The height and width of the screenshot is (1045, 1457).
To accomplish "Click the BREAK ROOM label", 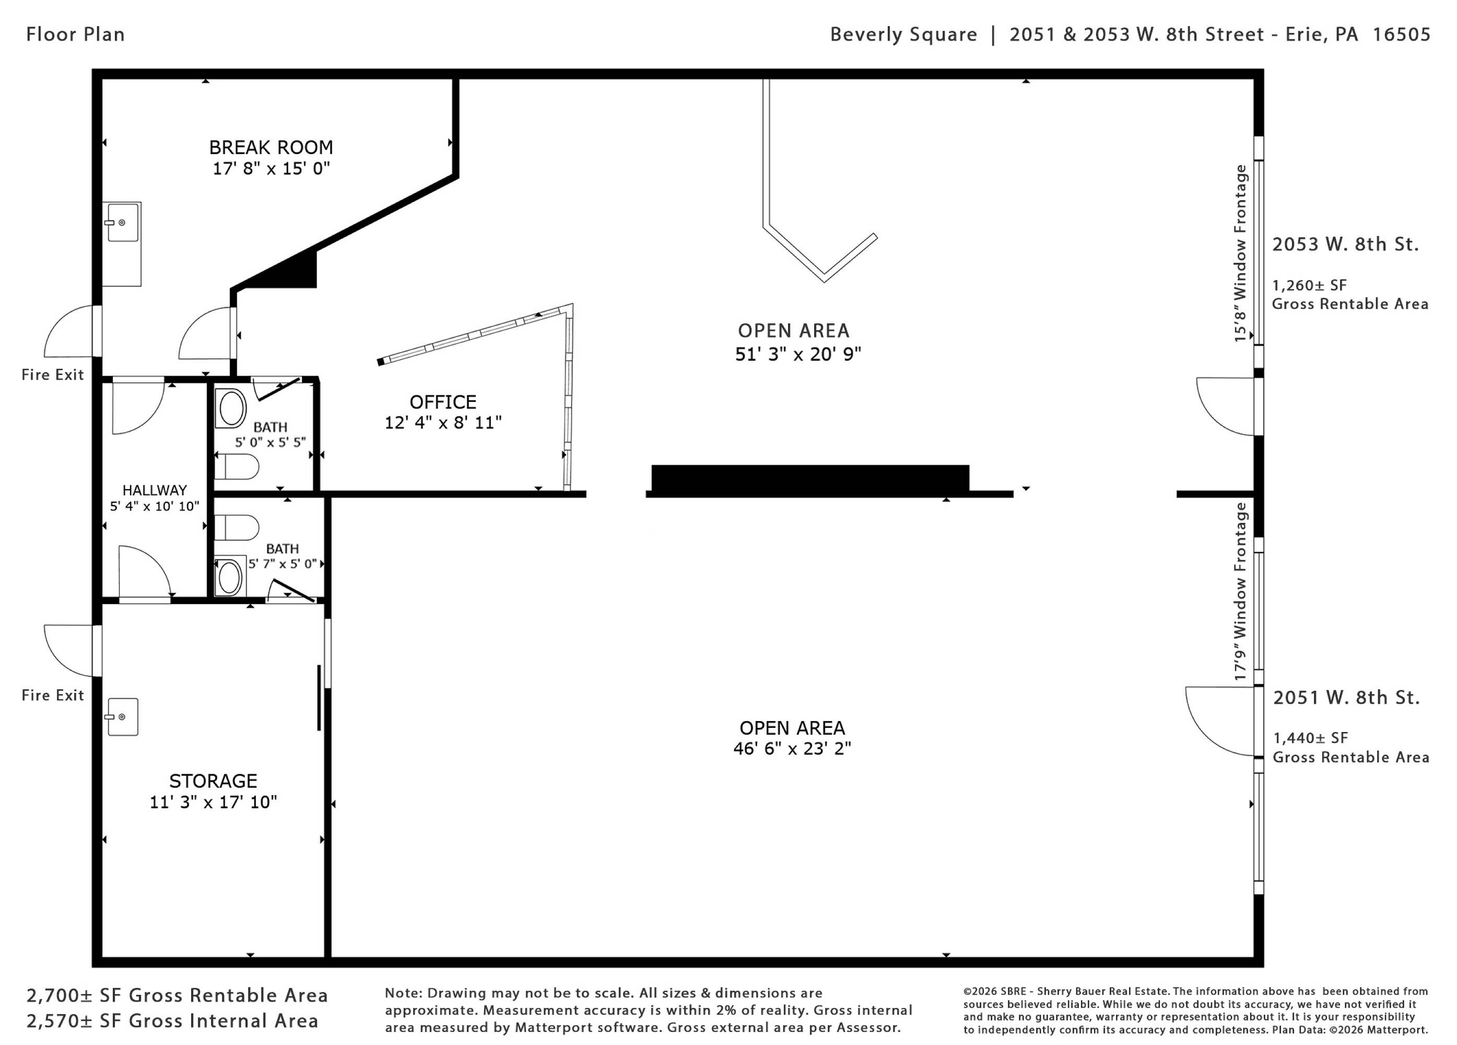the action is click(x=271, y=147).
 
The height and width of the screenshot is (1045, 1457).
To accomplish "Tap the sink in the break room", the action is click(x=122, y=223).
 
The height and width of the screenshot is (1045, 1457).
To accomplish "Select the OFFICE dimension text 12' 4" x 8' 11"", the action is click(x=443, y=422).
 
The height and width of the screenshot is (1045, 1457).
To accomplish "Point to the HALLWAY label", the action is click(x=154, y=490).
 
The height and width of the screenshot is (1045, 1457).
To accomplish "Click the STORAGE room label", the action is click(x=213, y=781).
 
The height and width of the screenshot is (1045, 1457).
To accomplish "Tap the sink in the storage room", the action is click(x=122, y=716).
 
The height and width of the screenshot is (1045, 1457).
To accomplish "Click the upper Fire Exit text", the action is click(x=53, y=375).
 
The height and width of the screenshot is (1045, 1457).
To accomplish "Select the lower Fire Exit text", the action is click(x=53, y=695).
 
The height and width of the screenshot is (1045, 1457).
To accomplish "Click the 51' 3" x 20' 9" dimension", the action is click(x=798, y=354).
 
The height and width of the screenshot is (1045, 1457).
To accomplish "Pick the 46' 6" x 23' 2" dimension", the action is click(x=792, y=749).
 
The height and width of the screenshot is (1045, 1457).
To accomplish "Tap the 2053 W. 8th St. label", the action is click(x=1345, y=244).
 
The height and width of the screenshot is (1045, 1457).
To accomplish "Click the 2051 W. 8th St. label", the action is click(x=1346, y=698).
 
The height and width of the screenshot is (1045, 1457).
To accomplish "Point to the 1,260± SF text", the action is click(x=1309, y=285).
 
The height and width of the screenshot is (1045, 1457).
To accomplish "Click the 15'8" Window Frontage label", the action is click(x=1240, y=253).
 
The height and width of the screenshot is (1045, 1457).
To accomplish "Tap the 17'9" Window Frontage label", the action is click(x=1240, y=591).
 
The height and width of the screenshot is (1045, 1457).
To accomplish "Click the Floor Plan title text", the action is click(x=75, y=34).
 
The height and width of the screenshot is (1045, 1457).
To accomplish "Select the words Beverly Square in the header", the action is click(x=903, y=34).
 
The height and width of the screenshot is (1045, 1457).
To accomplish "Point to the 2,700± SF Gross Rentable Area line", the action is click(x=177, y=995).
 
